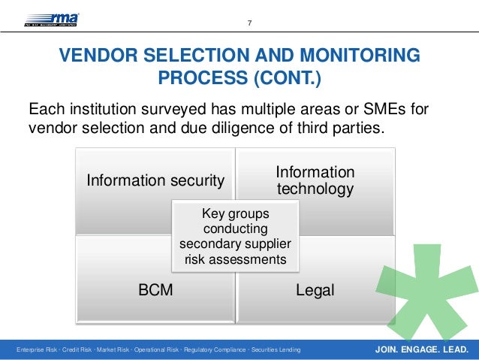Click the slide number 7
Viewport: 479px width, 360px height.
250,23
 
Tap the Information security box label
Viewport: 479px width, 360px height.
155,180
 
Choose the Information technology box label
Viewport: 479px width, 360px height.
315,180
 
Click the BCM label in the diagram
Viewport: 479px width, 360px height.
155,290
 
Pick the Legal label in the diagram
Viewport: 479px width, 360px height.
315,290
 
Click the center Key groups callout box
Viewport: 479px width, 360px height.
235,236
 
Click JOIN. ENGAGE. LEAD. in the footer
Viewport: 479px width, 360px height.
421,349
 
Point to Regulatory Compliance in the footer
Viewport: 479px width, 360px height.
215,350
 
